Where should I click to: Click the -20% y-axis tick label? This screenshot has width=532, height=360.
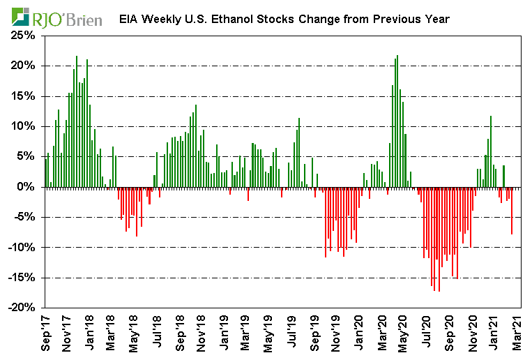coord(23,308)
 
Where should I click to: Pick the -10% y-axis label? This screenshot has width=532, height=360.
coord(23,247)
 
